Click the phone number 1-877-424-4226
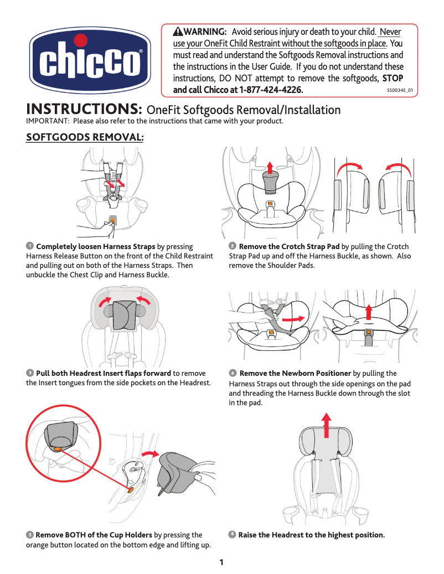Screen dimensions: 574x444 click(271, 90)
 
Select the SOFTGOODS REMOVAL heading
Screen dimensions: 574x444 click(85, 137)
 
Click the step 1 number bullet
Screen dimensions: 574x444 click(29, 246)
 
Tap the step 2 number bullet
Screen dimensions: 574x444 click(233, 246)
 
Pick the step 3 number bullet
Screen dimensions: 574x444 click(29, 373)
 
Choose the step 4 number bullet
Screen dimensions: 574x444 click(233, 373)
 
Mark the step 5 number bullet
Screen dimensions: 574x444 click(29, 534)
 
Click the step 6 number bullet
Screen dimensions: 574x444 click(233, 534)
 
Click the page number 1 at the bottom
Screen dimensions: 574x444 click(221, 563)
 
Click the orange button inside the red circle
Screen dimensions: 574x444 click(58, 449)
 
